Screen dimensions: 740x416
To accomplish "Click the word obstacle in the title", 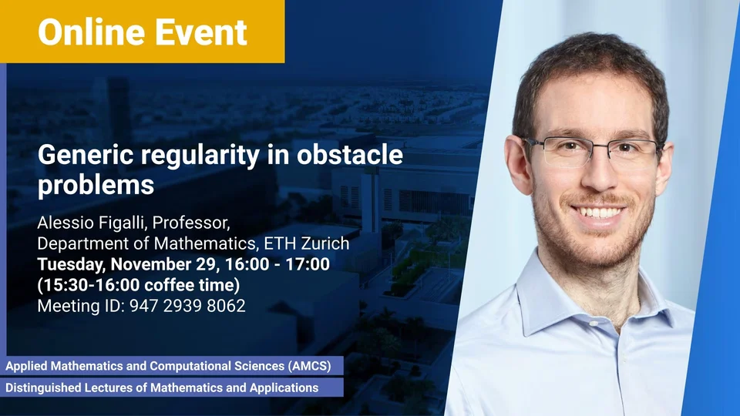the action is click(x=350, y=154).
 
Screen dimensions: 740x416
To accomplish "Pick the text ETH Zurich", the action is click(x=307, y=243).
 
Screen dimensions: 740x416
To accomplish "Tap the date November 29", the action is click(x=163, y=264).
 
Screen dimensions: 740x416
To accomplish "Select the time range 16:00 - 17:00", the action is click(x=277, y=264).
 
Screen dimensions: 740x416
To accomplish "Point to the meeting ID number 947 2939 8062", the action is click(x=187, y=306).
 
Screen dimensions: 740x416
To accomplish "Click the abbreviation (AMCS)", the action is click(x=309, y=366).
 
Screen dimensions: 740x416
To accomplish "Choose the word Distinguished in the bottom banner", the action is click(x=43, y=387).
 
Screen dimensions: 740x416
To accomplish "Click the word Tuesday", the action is click(x=72, y=264).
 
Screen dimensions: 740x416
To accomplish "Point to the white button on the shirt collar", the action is click(x=594, y=324).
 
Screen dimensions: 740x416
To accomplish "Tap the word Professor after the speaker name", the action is click(x=190, y=223).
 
